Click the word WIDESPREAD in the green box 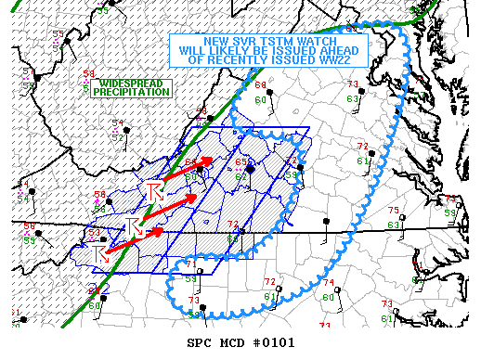[x=135, y=83]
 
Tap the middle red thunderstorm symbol [x=133, y=226]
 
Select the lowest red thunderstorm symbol [x=101, y=253]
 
